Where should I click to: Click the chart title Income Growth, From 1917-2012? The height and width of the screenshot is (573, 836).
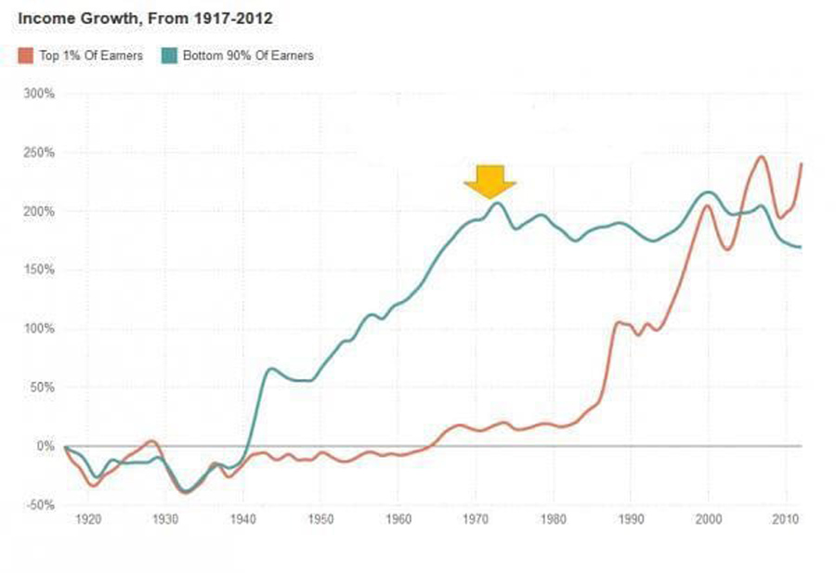click(x=145, y=19)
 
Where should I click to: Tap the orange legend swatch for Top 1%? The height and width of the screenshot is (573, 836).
click(x=25, y=56)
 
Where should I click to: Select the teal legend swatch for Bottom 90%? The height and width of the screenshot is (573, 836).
click(x=169, y=56)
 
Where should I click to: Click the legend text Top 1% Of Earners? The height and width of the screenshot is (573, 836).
click(x=91, y=56)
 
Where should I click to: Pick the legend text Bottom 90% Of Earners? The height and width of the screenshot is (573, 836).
click(x=248, y=56)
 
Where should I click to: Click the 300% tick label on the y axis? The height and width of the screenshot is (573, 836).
click(x=40, y=94)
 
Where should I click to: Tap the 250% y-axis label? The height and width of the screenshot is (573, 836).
click(x=40, y=152)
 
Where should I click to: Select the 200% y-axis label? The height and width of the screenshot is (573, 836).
click(x=40, y=212)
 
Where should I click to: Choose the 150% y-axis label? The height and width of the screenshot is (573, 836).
click(x=40, y=270)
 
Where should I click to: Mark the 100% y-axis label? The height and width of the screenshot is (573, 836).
click(x=40, y=329)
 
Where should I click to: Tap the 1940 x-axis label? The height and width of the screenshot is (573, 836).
click(x=242, y=519)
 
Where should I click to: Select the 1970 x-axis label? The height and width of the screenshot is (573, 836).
click(x=476, y=519)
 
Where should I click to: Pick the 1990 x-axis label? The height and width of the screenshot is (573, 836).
click(x=631, y=519)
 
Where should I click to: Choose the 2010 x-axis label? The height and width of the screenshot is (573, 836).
click(x=786, y=519)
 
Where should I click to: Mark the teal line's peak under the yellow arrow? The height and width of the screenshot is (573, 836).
click(x=497, y=202)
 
